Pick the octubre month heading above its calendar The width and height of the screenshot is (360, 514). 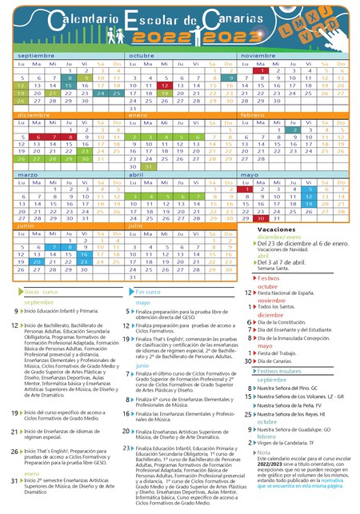click(142, 55)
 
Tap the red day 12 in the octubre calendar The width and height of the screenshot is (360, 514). click(163, 85)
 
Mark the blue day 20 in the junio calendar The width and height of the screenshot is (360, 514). click(37, 261)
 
